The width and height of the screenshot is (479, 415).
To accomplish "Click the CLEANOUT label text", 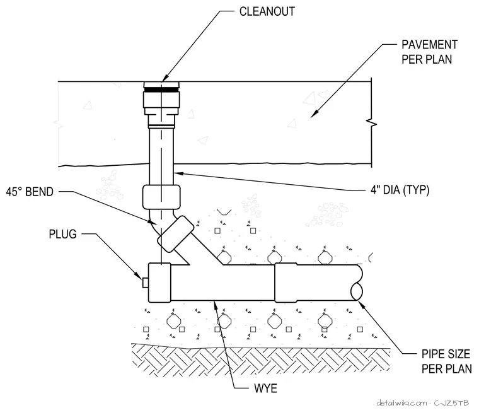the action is pos(267,11).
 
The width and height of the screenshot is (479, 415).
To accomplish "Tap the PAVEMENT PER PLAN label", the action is pos(429,52).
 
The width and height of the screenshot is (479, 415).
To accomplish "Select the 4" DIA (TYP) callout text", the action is pos(400,190).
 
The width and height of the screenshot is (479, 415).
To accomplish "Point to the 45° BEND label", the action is pos(30,192).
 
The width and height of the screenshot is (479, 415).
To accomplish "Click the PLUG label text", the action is pos(62,234).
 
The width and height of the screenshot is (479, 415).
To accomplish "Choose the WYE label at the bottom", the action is pos(265,389).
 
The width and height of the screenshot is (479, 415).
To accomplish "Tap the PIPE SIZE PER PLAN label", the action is pos(446,361).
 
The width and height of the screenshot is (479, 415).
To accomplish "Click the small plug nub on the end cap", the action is pos(145,283).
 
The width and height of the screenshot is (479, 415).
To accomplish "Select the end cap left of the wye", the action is pos(159,283).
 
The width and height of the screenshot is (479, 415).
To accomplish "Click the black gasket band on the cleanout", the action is pos(161,89).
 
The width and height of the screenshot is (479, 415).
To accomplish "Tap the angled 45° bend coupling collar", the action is pos(176,234).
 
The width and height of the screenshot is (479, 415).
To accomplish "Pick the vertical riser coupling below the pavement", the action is pos(161,197).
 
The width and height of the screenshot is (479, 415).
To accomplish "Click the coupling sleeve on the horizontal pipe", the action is pos(286,283).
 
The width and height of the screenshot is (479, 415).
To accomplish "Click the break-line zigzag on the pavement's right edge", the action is pos(371,123).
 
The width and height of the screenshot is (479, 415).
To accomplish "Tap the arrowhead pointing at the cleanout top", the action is pos(166,78).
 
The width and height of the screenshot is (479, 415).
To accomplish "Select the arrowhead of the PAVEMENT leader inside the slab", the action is pos(314,114).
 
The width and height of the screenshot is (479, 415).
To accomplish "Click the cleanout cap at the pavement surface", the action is pos(161,85).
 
